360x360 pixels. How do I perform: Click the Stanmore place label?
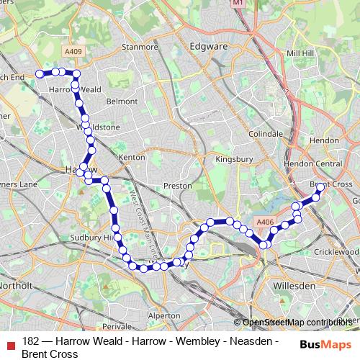pyautogui.click(x=140, y=47)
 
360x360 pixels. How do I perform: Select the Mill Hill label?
pyautogui.click(x=300, y=53)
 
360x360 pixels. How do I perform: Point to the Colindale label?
pyautogui.click(x=265, y=134)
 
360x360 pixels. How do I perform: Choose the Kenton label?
pyautogui.click(x=132, y=156)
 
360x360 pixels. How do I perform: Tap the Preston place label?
pyautogui.click(x=178, y=185)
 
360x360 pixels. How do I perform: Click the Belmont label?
pyautogui.click(x=121, y=102)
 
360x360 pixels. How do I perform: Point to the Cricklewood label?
pyautogui.click(x=336, y=252)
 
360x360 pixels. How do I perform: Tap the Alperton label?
pyautogui.click(x=163, y=315)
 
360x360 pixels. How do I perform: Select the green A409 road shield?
pyautogui.click(x=73, y=51)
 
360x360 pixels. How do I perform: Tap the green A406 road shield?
pyautogui.click(x=266, y=222)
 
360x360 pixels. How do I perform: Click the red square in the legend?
pyautogui.click(x=9, y=343)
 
